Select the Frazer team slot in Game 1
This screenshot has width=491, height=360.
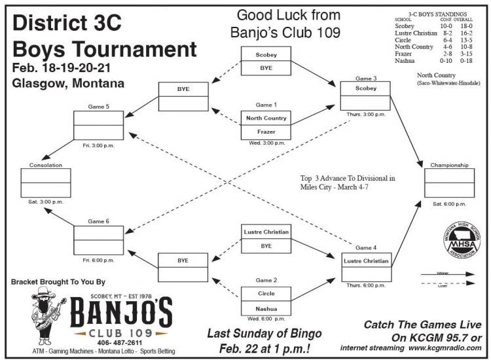[266, 131]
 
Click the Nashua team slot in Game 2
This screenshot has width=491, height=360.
[266, 308]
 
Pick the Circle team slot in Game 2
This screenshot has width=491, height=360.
[266, 294]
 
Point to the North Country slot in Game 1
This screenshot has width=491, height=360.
[266, 118]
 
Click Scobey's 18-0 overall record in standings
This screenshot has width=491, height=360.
[467, 26]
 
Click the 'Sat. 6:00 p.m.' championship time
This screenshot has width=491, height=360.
[449, 204]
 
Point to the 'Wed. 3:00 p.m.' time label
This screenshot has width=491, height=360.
[266, 142]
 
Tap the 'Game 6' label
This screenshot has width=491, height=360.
[98, 221]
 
